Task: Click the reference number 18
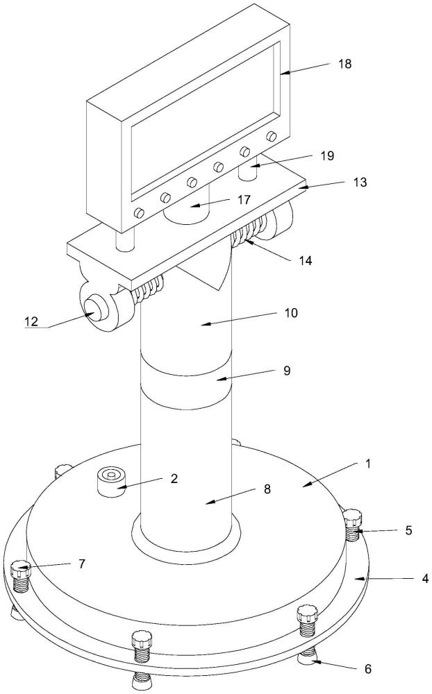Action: pyautogui.click(x=344, y=64)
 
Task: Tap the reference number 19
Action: pyautogui.click(x=327, y=155)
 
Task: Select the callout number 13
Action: pyautogui.click(x=360, y=181)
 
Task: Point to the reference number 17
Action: pyautogui.click(x=244, y=200)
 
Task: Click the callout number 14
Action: pyautogui.click(x=305, y=261)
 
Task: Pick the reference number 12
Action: pyautogui.click(x=32, y=321)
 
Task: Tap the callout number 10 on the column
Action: pyautogui.click(x=291, y=313)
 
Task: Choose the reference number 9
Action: pyautogui.click(x=287, y=371)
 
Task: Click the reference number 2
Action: pyautogui.click(x=174, y=478)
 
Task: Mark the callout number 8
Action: pyautogui.click(x=267, y=489)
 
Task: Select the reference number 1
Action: pyautogui.click(x=367, y=464)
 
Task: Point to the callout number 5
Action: pyautogui.click(x=408, y=530)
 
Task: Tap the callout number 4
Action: pyautogui.click(x=425, y=578)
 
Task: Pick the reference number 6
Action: pyautogui.click(x=368, y=657)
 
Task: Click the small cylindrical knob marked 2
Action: pyautogui.click(x=110, y=482)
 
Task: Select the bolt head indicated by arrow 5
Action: pyautogui.click(x=353, y=517)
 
